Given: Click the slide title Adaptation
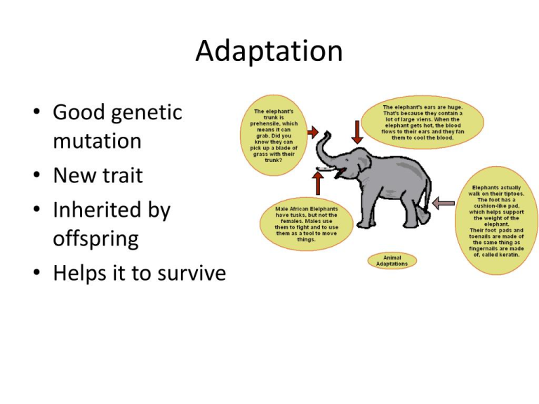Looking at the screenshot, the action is (269, 51).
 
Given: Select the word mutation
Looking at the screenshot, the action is (98, 141).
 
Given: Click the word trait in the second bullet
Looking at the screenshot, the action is (123, 175).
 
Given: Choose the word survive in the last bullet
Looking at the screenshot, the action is (192, 273).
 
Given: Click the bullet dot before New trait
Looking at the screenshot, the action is (36, 175).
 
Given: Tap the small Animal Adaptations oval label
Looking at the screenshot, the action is (392, 261).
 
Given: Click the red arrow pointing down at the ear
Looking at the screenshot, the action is (357, 132).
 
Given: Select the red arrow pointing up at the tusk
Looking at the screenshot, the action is (318, 183).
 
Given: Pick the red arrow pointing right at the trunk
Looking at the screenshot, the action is (312, 132).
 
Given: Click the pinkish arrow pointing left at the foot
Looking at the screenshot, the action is (444, 203).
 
